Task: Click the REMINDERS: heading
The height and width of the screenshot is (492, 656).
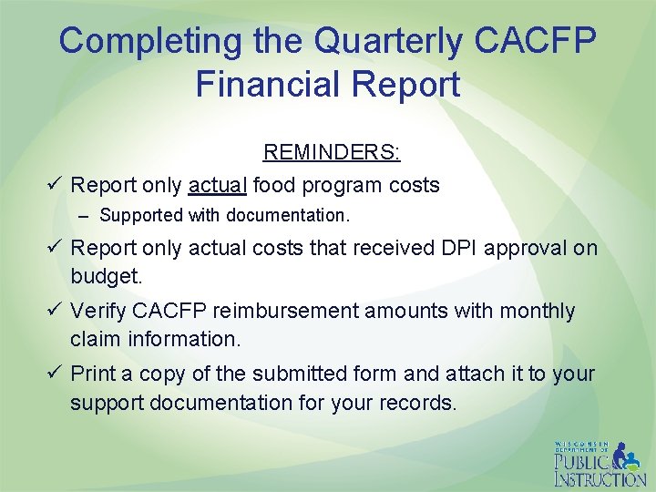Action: [x=332, y=152]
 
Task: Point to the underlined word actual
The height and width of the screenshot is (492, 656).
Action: [x=217, y=185]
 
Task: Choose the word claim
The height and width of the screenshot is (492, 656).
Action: [x=95, y=338]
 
